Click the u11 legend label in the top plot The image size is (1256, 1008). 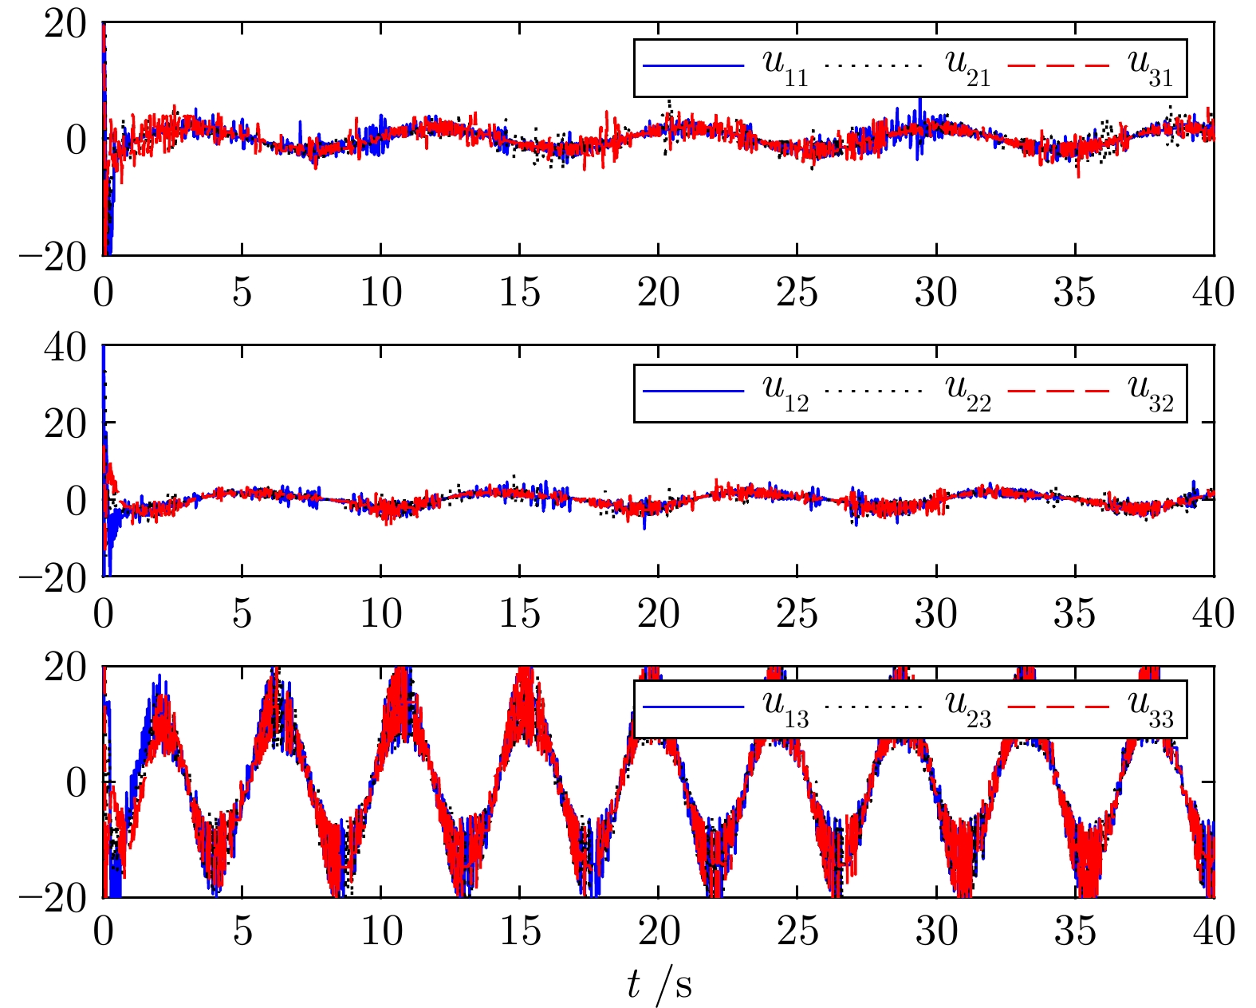pos(785,68)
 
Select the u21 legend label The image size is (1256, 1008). pos(967,68)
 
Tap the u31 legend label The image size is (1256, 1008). pos(1150,68)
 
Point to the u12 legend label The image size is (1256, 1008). pos(785,392)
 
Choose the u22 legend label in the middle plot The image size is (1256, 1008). pos(967,392)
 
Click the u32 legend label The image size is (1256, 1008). pos(1150,392)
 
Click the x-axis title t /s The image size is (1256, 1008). pos(659,984)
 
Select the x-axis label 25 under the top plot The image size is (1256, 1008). pos(797,293)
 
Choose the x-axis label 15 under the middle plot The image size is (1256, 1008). pos(519,614)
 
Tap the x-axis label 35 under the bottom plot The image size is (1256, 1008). pos(1075,931)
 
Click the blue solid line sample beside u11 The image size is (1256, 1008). pos(693,65)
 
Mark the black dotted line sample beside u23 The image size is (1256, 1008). pos(875,707)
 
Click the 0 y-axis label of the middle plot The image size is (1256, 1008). pos(77,502)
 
